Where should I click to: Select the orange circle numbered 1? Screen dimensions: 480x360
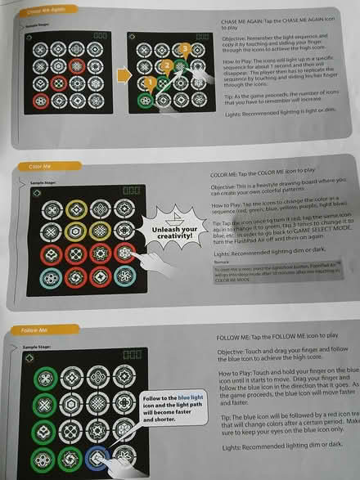[149, 83]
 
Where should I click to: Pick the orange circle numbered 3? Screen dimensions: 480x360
[185, 49]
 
